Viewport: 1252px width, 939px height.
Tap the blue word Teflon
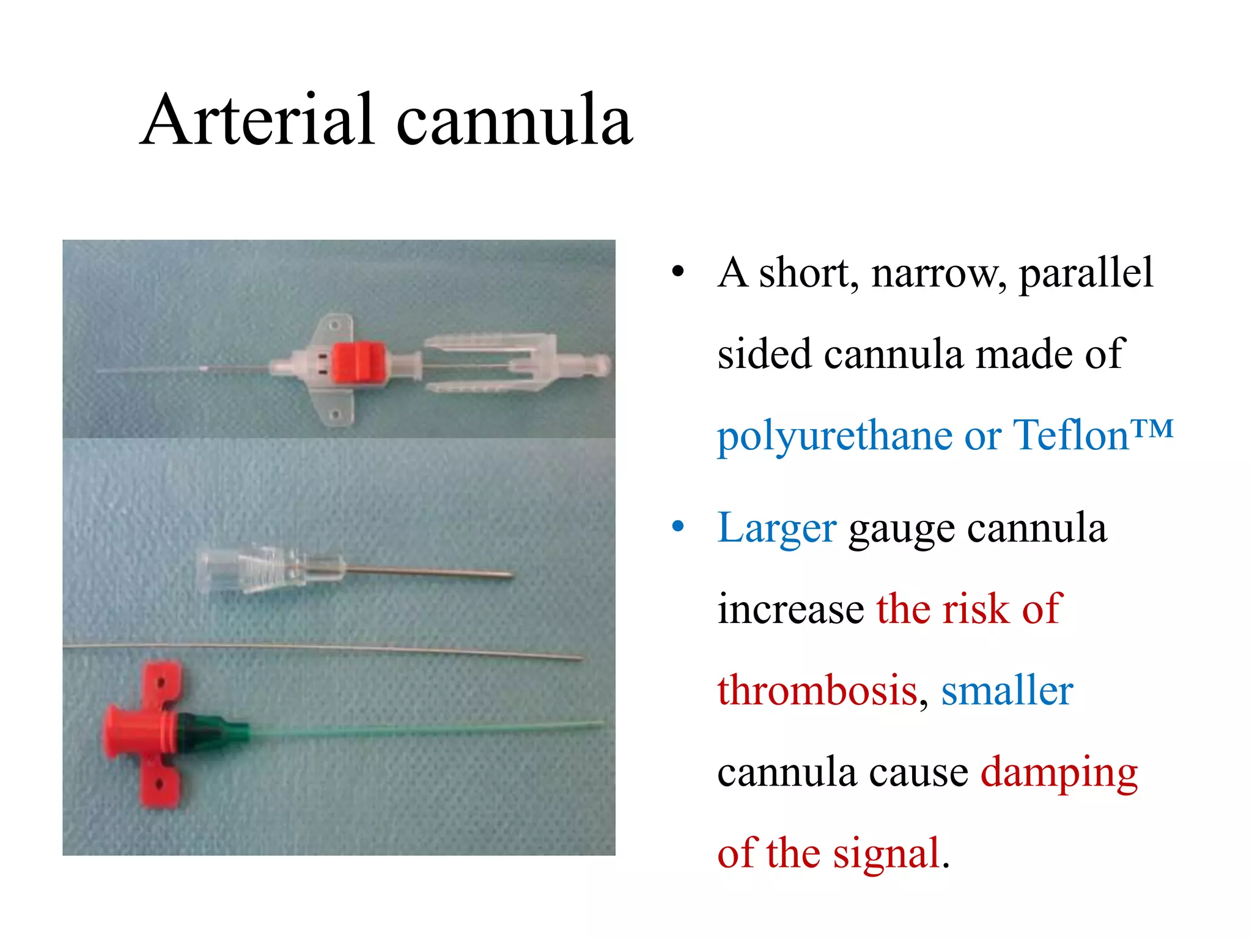pos(1070,435)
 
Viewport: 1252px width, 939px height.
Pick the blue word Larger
pos(776,528)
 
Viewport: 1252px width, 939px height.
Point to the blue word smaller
pos(1007,691)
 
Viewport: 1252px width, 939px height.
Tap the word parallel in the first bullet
pos(1086,273)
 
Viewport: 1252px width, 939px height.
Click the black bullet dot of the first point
pos(677,272)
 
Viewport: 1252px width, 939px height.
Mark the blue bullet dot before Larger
pos(677,527)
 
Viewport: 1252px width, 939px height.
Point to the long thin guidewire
pos(324,649)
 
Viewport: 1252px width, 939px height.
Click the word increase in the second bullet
pos(790,610)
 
